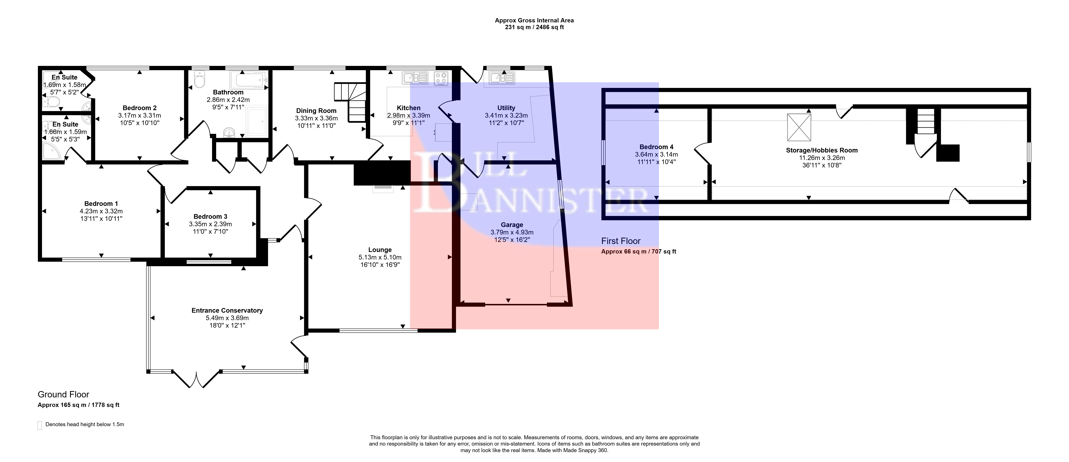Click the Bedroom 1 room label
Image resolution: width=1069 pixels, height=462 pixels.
click(101, 203)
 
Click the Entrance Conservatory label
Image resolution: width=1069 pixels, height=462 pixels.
click(227, 310)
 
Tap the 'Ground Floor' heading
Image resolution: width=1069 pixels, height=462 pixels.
click(63, 394)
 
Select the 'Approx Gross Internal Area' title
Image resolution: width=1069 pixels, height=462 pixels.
click(535, 20)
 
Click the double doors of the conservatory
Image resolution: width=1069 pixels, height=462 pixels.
click(196, 379)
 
